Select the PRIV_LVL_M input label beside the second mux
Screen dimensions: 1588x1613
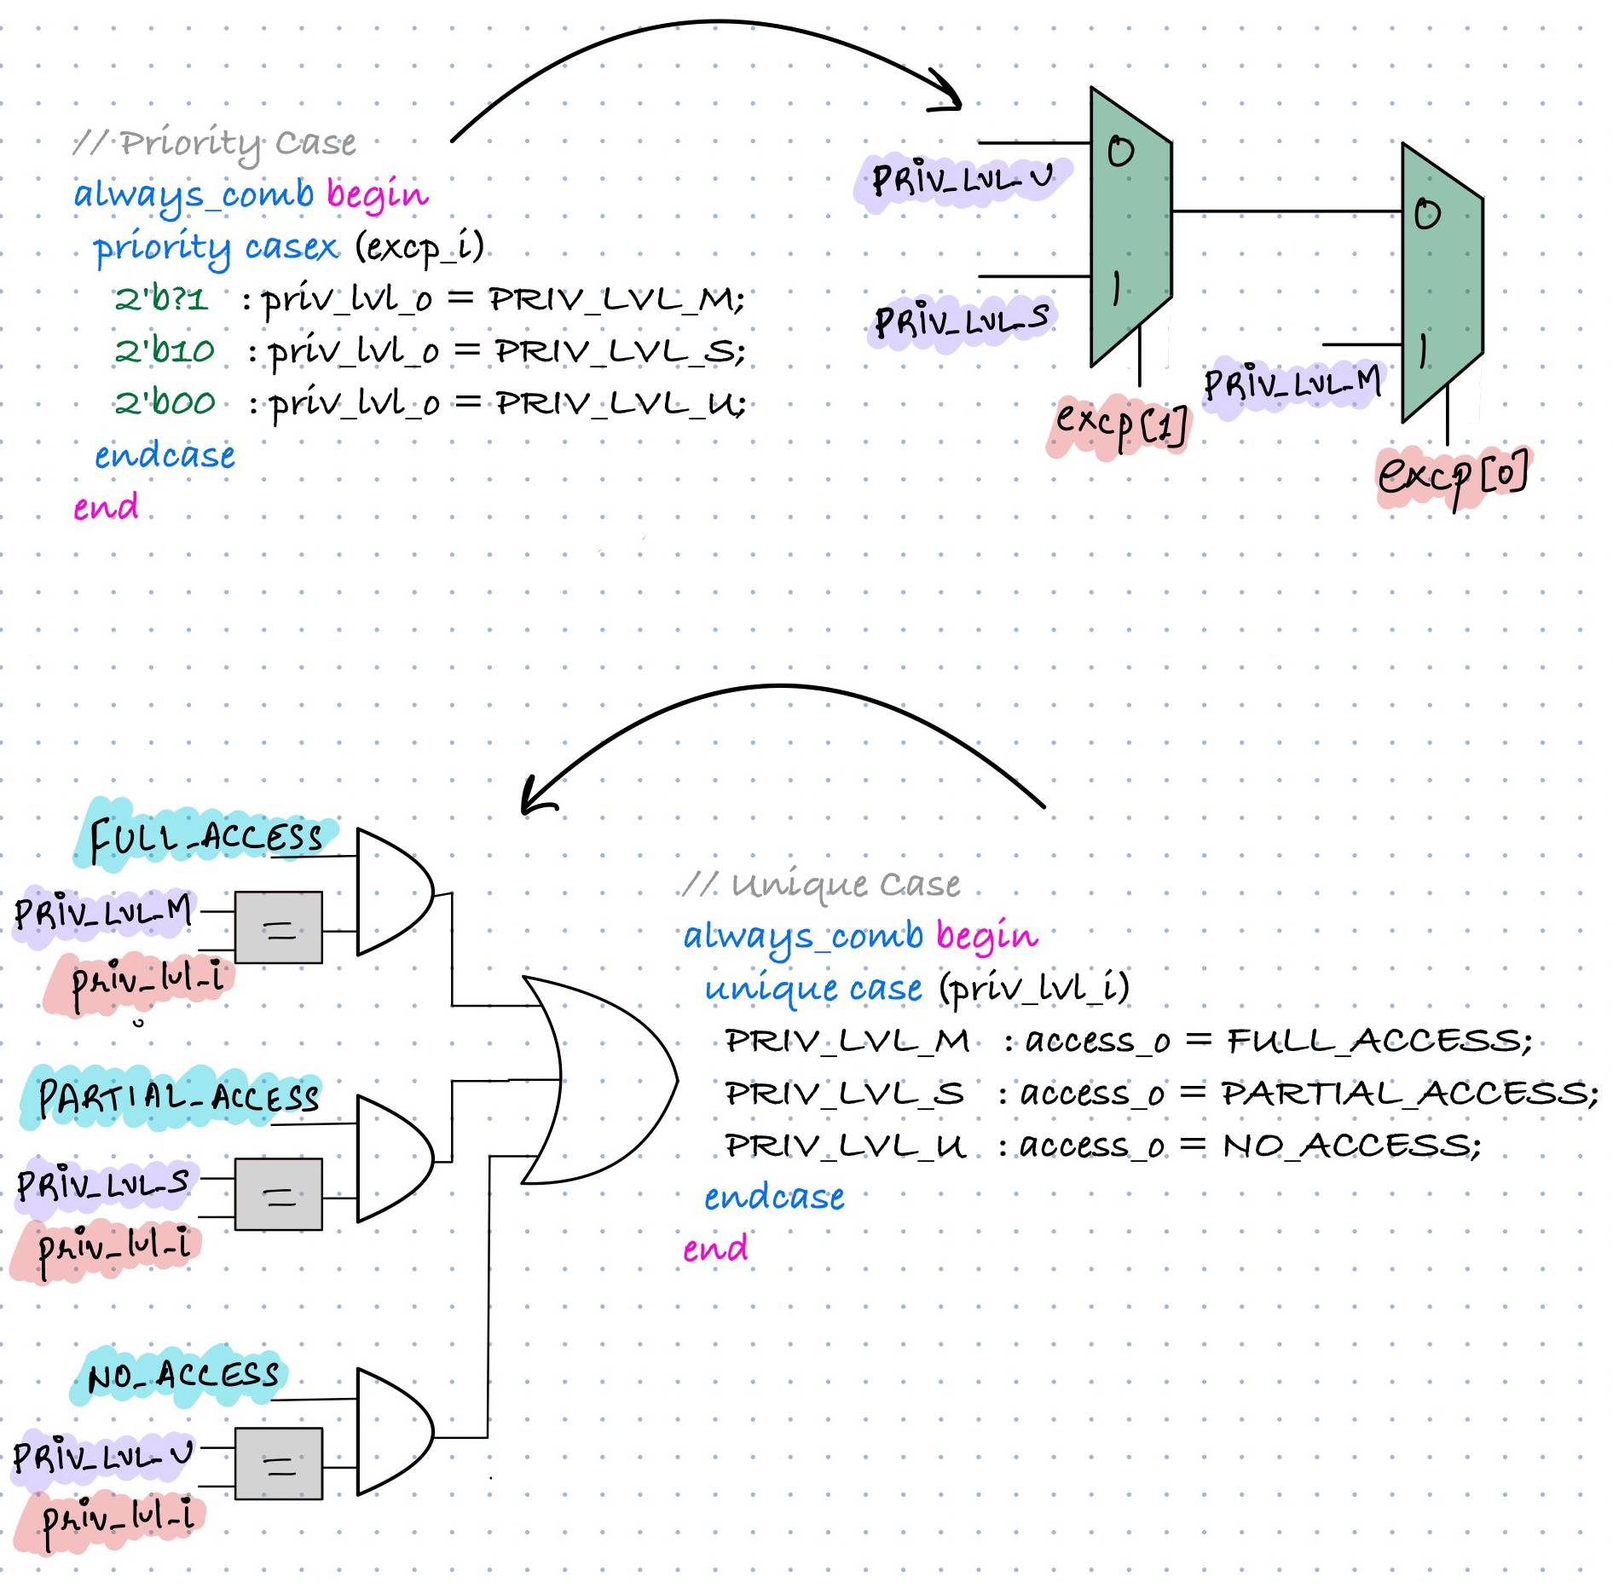coord(1292,384)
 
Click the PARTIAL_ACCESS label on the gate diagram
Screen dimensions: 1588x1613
coord(178,1097)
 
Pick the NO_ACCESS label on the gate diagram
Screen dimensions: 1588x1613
coord(182,1374)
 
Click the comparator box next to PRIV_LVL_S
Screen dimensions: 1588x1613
coord(278,1194)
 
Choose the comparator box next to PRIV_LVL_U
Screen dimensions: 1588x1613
coord(278,1463)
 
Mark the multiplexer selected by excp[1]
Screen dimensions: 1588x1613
coord(1130,226)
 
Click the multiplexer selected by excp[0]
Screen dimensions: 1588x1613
coord(1442,282)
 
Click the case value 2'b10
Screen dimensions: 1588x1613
coord(165,351)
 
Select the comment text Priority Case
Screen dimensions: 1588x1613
coord(237,143)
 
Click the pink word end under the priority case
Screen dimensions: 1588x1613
coord(106,507)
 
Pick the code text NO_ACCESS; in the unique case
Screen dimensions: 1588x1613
coord(1352,1146)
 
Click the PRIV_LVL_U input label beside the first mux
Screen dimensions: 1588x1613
coord(962,179)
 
